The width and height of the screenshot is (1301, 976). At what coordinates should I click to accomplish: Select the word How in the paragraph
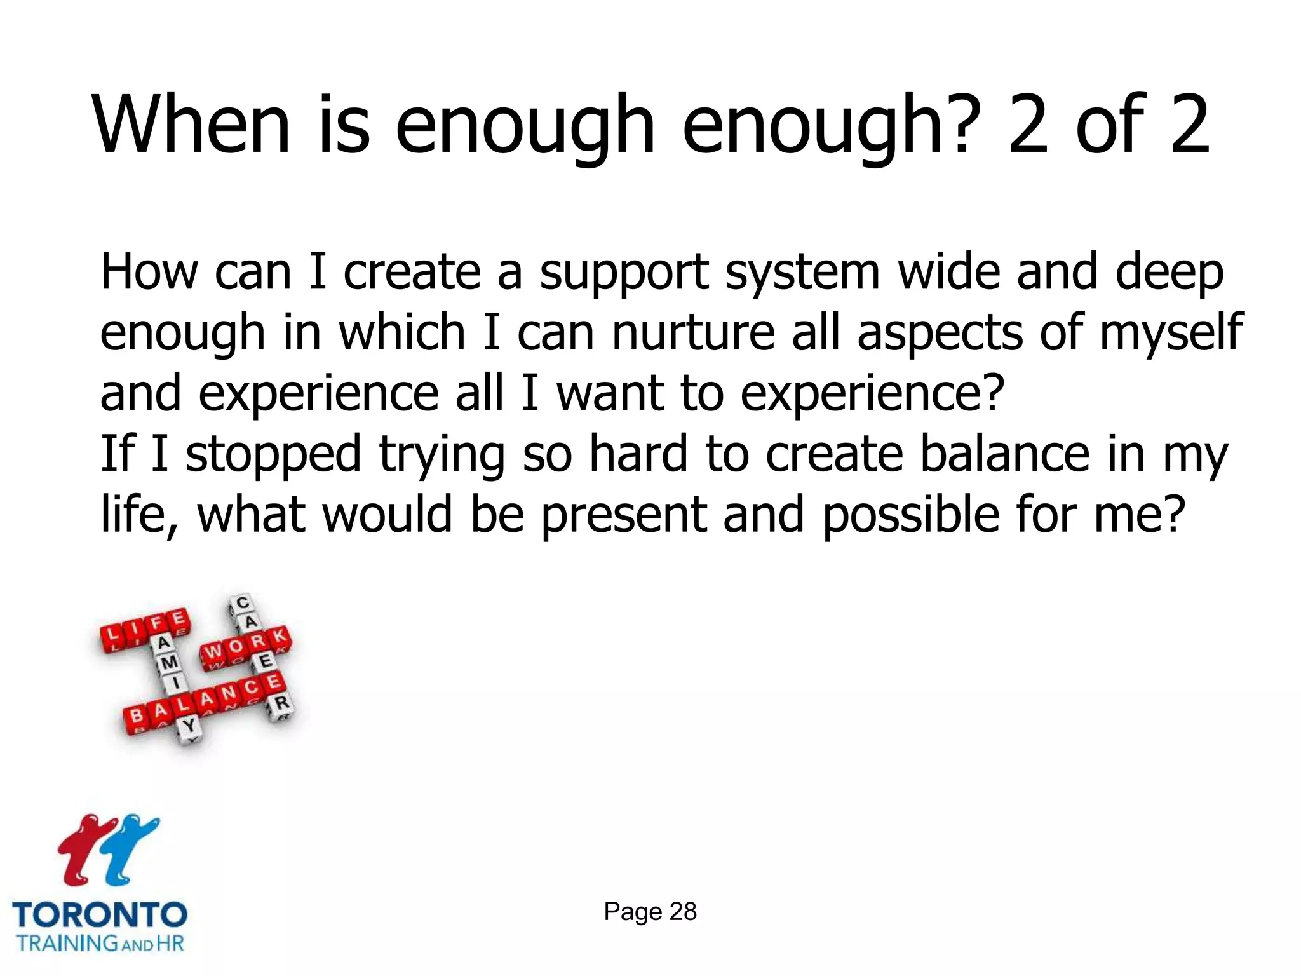click(149, 272)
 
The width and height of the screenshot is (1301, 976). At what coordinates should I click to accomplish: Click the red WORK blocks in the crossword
click(245, 646)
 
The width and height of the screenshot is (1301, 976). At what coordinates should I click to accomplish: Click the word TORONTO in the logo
click(100, 915)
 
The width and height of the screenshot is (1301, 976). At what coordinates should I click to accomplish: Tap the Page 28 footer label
click(650, 912)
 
